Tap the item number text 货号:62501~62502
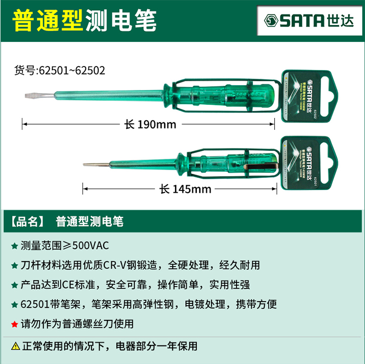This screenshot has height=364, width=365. click(60, 71)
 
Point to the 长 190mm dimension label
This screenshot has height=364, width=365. click(150, 124)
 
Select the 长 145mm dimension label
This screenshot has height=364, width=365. click(185, 189)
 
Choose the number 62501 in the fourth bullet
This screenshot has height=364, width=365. click(35, 304)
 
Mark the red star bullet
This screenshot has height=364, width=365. click(14, 324)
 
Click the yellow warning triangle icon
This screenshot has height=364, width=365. click(15, 346)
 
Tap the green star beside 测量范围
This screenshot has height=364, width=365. click(14, 245)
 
